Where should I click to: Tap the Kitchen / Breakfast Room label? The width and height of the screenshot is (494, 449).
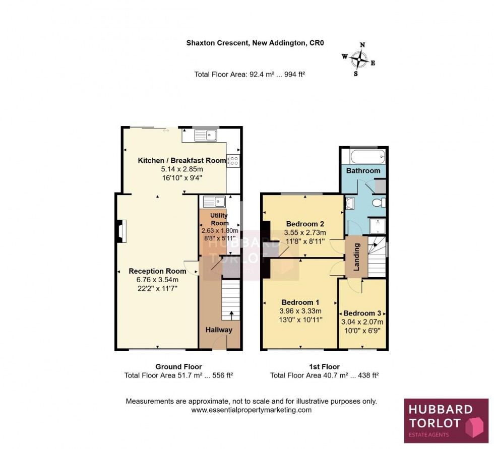coord(182,161)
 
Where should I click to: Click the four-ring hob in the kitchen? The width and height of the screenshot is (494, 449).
coord(233,161)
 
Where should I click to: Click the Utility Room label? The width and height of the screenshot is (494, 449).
coord(220,219)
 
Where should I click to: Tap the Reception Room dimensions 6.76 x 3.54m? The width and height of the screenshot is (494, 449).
coord(157,280)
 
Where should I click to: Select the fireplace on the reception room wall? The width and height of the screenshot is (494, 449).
coord(121,231)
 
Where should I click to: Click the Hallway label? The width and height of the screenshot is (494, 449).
coord(219,330)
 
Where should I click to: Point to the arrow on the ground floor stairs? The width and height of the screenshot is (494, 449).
coord(231,315)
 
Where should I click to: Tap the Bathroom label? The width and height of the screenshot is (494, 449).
coord(363,171)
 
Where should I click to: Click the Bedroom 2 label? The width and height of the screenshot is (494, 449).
coord(305,224)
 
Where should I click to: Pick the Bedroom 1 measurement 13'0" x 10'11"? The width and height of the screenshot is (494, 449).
coord(301,319)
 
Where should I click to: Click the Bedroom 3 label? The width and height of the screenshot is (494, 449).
coord(363,313)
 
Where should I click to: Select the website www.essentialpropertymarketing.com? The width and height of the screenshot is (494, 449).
coord(251,410)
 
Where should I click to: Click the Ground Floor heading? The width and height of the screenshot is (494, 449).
coord(178,367)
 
